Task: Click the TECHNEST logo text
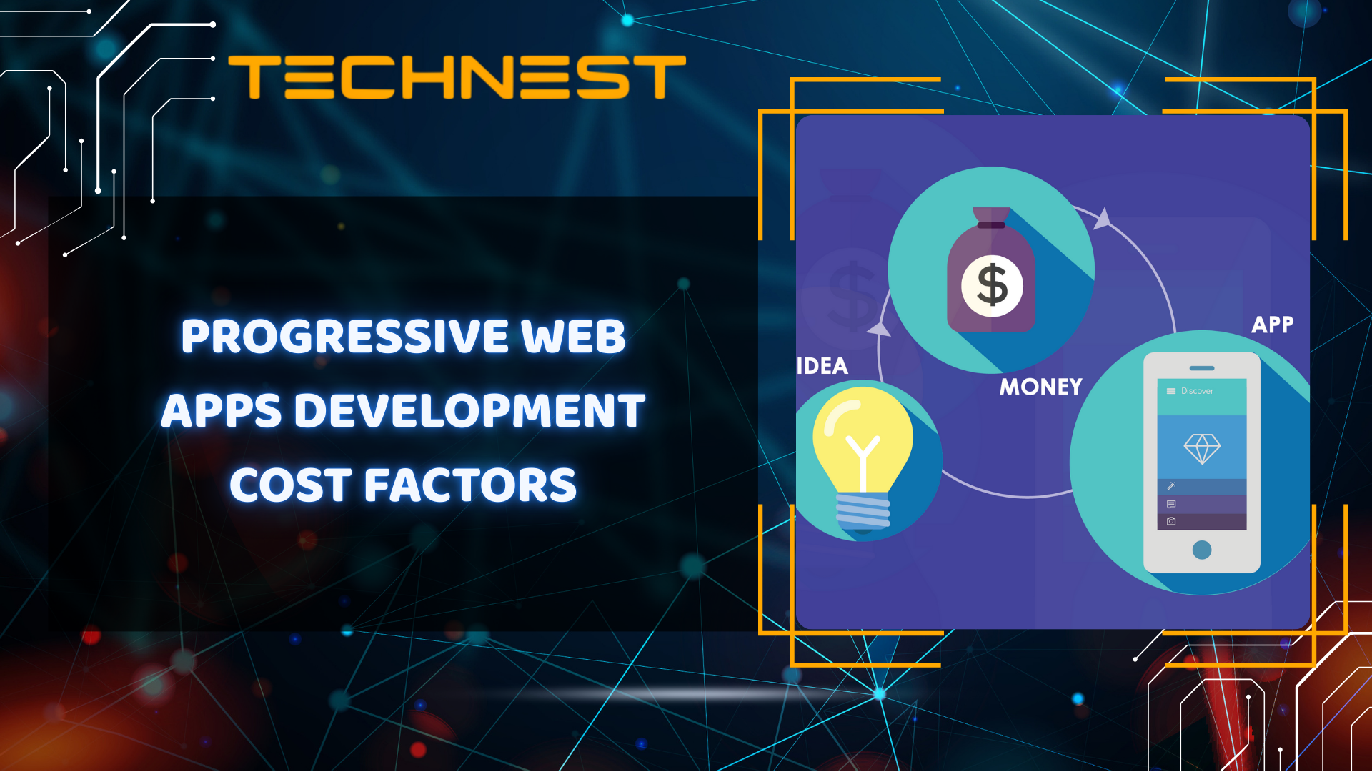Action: [x=457, y=77]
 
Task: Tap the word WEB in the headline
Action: [x=573, y=336]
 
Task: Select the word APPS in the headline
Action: [x=222, y=411]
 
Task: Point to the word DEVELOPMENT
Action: [x=469, y=411]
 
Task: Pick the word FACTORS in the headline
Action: [x=470, y=485]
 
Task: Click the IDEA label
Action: [x=822, y=367]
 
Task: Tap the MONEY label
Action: [x=1040, y=387]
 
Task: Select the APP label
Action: [x=1272, y=325]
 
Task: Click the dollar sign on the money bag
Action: [x=992, y=285]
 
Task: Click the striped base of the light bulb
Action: [x=863, y=510]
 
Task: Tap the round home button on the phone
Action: [x=1202, y=550]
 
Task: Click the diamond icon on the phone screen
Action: [x=1202, y=448]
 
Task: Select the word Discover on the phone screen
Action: [x=1197, y=391]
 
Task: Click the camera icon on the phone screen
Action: [x=1171, y=522]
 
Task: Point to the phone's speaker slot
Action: [x=1202, y=368]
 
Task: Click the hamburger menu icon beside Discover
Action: [x=1171, y=391]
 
